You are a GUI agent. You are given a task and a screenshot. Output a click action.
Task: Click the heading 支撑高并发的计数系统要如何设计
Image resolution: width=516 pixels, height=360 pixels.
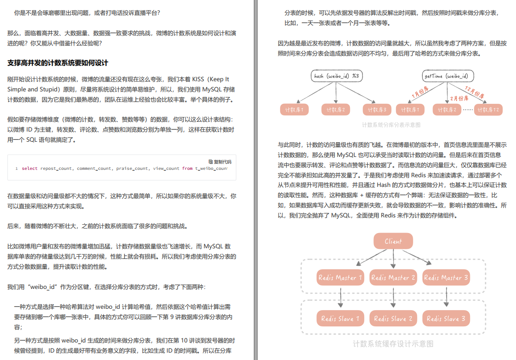click(x=58, y=63)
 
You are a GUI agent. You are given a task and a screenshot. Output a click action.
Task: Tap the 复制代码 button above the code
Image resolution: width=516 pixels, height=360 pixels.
click(x=220, y=162)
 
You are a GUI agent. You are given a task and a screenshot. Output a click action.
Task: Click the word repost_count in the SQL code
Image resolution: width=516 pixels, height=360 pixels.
click(x=56, y=168)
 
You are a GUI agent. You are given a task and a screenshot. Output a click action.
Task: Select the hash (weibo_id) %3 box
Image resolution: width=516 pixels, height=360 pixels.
click(x=336, y=76)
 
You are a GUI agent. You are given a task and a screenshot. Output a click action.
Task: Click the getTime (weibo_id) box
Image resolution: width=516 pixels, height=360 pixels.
click(x=448, y=76)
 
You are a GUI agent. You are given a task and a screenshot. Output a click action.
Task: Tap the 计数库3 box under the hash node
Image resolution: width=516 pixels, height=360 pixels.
click(x=378, y=110)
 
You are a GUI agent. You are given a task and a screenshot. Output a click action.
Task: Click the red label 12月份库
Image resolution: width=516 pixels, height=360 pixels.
click(x=474, y=92)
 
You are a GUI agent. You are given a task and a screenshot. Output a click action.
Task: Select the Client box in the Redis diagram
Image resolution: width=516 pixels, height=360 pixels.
click(x=393, y=241)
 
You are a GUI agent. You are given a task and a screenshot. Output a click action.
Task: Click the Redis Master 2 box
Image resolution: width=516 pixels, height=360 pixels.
click(x=393, y=278)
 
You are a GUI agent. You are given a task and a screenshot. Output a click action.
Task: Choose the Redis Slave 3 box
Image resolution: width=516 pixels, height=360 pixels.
click(x=446, y=318)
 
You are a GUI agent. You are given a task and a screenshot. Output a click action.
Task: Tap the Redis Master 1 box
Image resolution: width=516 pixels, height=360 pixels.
click(x=340, y=278)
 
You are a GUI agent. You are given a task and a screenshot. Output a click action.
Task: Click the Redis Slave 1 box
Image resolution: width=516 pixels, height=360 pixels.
click(x=340, y=318)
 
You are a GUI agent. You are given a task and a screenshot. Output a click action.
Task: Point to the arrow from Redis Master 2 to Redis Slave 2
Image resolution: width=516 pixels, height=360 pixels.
click(x=393, y=298)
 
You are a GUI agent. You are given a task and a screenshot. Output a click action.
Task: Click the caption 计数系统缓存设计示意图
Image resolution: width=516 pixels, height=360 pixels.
click(x=393, y=344)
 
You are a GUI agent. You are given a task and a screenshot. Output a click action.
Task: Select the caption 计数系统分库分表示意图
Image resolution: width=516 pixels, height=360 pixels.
click(x=391, y=125)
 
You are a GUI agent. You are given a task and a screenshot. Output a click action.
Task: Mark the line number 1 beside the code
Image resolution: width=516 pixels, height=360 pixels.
click(x=17, y=168)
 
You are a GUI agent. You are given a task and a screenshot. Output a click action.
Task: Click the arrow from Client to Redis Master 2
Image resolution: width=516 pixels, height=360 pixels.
click(x=393, y=258)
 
